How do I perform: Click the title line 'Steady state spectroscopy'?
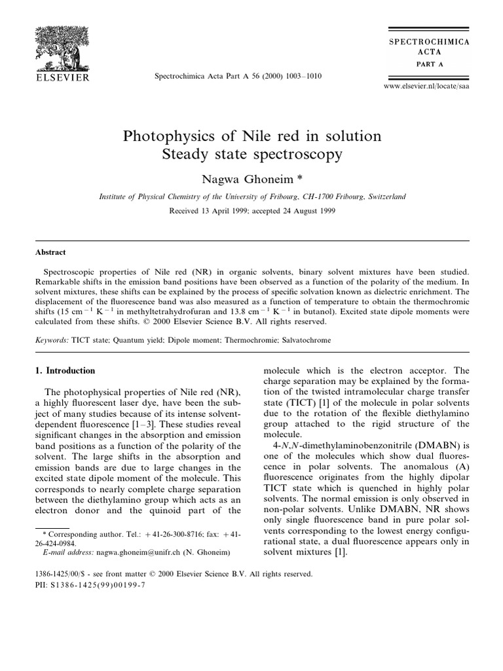(x=252, y=155)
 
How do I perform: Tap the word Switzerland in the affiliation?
(x=382, y=196)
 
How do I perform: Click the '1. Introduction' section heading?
(x=65, y=370)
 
